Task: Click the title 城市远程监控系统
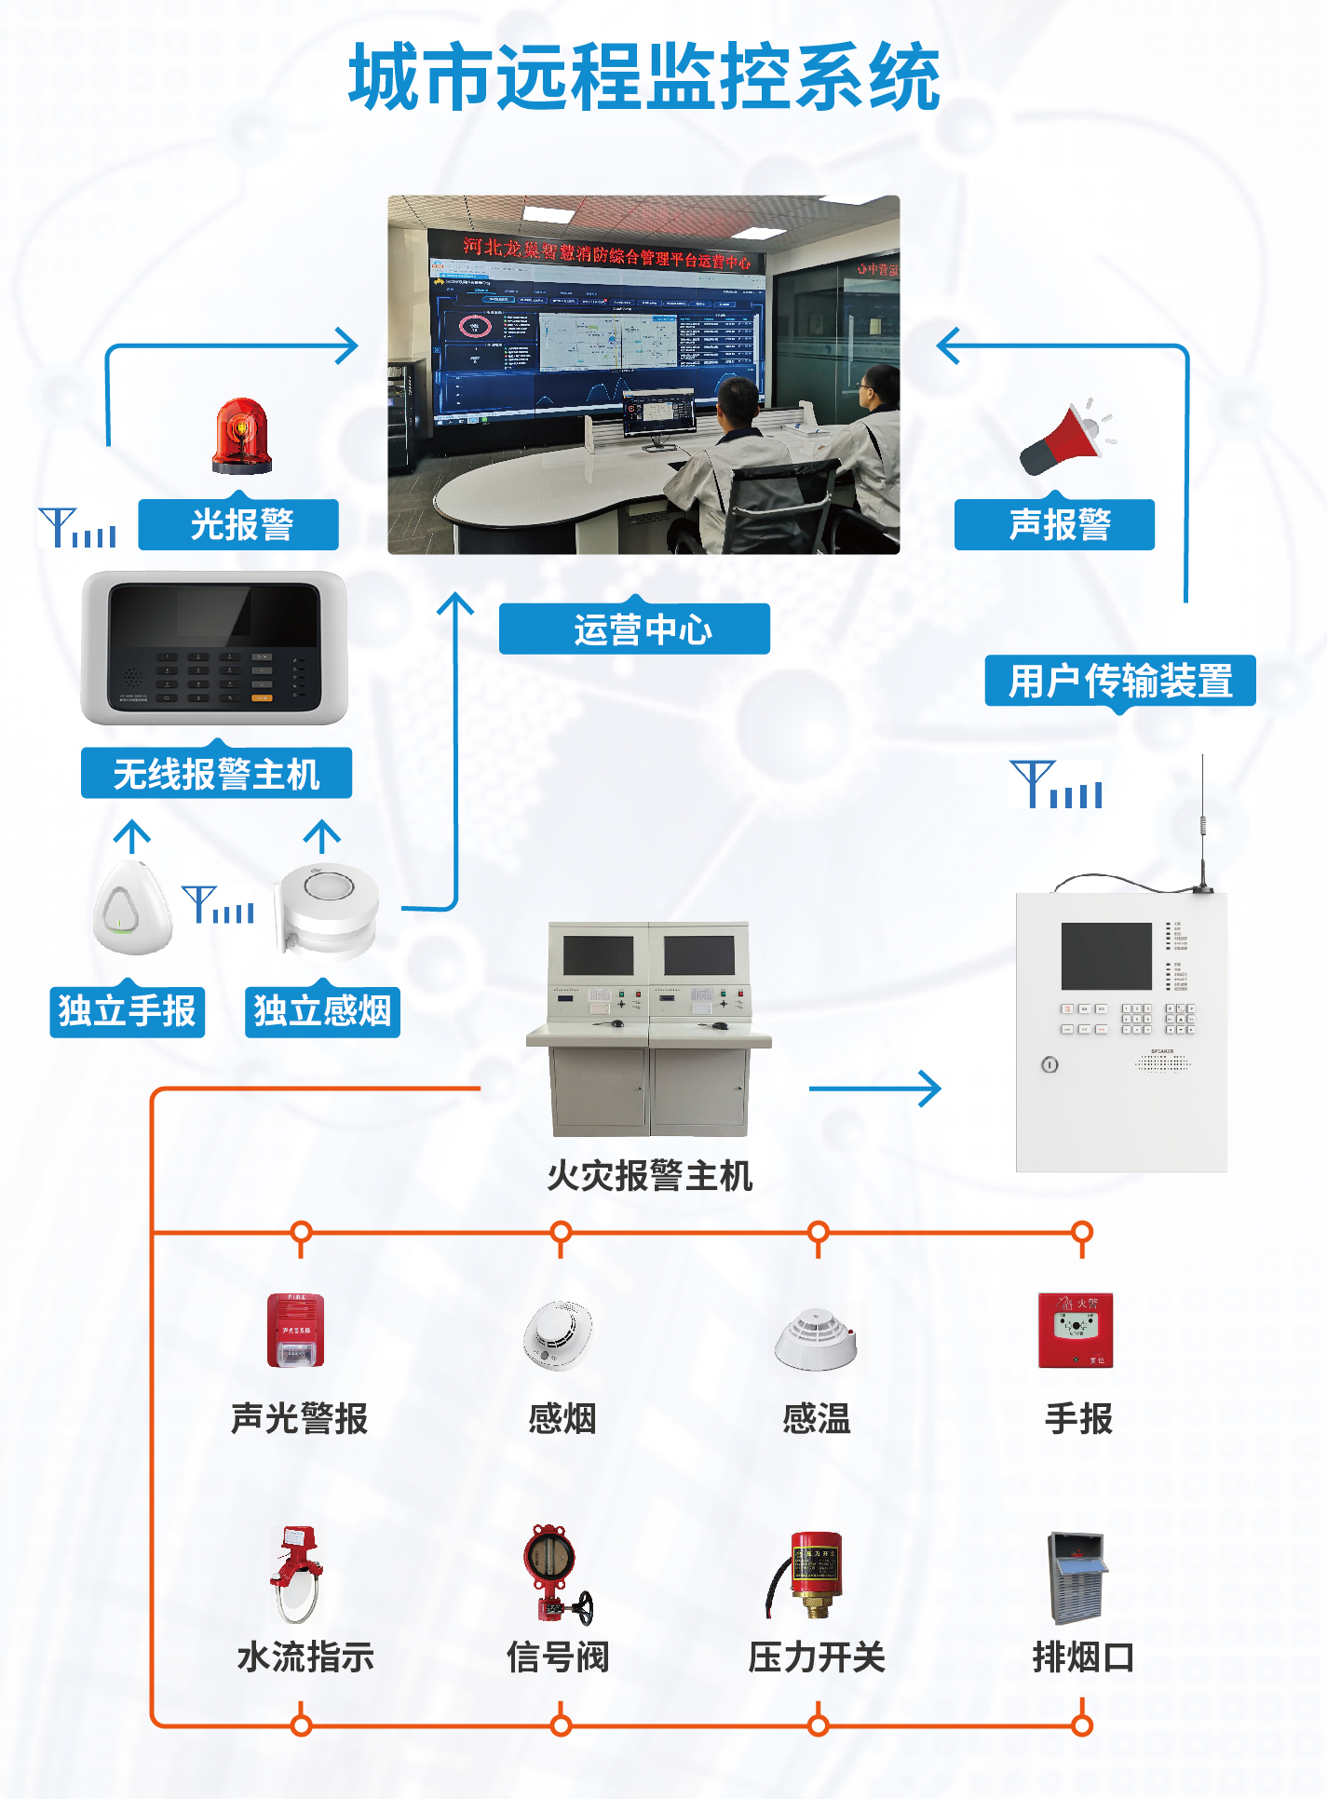(x=644, y=78)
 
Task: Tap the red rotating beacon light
(x=241, y=436)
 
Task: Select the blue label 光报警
(x=238, y=525)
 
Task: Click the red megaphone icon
(x=1064, y=440)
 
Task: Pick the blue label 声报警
(x=1054, y=525)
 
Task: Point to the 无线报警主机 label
(x=216, y=774)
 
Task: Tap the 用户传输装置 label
(x=1120, y=682)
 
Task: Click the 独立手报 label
(x=128, y=1011)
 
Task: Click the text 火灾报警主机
(x=649, y=1176)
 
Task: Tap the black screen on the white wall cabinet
(x=1106, y=956)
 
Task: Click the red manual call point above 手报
(x=1076, y=1330)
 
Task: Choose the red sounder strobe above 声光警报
(x=296, y=1330)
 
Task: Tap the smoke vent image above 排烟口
(x=1076, y=1576)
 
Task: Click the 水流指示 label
(x=305, y=1657)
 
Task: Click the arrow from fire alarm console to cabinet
(x=875, y=1089)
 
